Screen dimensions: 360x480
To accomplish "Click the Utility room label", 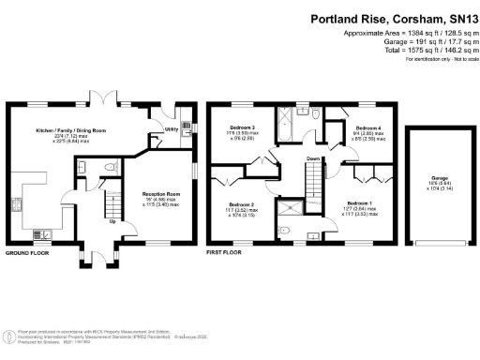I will coord(172,128).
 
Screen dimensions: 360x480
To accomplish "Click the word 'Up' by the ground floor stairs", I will coord(113,222).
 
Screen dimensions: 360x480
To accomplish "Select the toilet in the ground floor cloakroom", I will coord(109,167).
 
